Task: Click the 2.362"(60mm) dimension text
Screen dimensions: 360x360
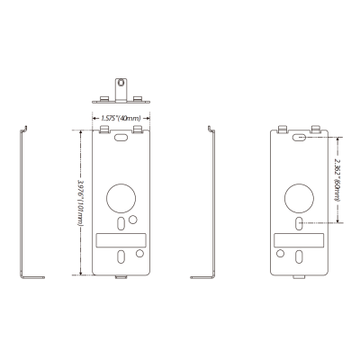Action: pyautogui.click(x=337, y=180)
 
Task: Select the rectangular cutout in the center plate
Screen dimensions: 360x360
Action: pyautogui.click(x=121, y=240)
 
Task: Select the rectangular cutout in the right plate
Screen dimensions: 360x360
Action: pyautogui.click(x=299, y=240)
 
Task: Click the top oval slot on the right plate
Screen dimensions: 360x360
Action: pyautogui.click(x=299, y=138)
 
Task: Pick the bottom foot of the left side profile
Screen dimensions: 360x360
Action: pyautogui.click(x=32, y=278)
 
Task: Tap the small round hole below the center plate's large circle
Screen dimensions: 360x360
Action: pyautogui.click(x=132, y=218)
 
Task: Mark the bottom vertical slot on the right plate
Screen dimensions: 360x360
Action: pyautogui.click(x=299, y=257)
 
